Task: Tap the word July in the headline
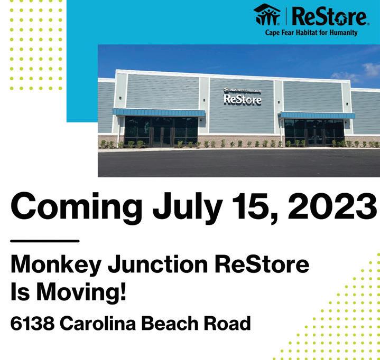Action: (188, 208)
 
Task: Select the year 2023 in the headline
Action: (332, 206)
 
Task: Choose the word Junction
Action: (158, 264)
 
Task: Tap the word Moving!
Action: (81, 292)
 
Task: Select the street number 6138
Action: (32, 323)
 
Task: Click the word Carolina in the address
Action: (98, 323)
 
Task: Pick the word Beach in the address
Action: (170, 323)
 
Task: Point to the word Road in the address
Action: (227, 323)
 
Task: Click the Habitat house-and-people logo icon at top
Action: (267, 15)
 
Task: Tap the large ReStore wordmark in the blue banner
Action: (330, 16)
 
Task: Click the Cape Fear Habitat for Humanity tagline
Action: (311, 32)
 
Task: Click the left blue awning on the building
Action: (159, 113)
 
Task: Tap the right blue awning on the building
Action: (316, 115)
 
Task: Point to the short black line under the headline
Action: (45, 241)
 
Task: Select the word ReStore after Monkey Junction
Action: (262, 264)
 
